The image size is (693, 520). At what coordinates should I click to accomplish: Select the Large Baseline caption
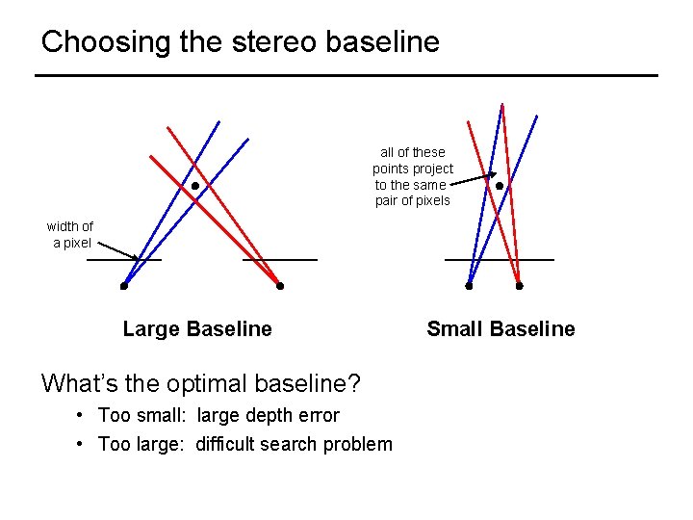(x=197, y=329)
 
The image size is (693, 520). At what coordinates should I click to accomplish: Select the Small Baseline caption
(x=500, y=329)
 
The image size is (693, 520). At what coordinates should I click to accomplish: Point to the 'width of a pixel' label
(x=70, y=235)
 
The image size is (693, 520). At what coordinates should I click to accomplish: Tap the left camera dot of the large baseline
(x=124, y=286)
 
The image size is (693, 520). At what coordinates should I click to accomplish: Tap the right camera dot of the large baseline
(x=280, y=286)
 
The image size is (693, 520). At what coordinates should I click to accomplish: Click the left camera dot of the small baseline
(x=469, y=286)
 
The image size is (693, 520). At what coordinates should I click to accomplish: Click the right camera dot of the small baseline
(x=519, y=286)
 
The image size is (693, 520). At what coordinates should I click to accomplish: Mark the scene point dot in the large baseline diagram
(x=194, y=185)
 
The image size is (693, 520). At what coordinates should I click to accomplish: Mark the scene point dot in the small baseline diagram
(x=499, y=186)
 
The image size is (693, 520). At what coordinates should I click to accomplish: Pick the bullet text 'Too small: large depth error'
(x=218, y=416)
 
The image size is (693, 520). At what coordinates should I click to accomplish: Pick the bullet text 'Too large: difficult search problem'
(x=245, y=444)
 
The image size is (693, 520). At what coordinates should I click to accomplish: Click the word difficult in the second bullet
(x=227, y=444)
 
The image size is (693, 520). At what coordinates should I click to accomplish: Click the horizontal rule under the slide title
(x=346, y=75)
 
